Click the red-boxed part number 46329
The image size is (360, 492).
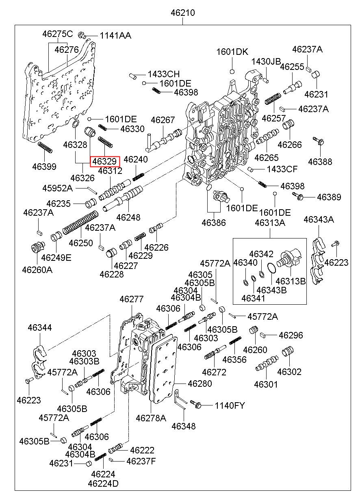point(105,161)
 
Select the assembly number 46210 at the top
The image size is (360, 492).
point(182,13)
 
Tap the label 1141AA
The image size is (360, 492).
point(115,36)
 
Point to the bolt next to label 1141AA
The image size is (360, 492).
point(82,35)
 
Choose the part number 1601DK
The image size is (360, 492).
point(232,52)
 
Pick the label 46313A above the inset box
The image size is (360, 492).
point(270,223)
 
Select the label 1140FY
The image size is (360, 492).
point(230,405)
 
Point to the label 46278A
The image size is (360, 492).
point(151,418)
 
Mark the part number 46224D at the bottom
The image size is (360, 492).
point(103,483)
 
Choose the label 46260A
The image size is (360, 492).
point(37,269)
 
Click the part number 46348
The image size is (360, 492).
point(183,426)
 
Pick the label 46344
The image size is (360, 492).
point(40,327)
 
